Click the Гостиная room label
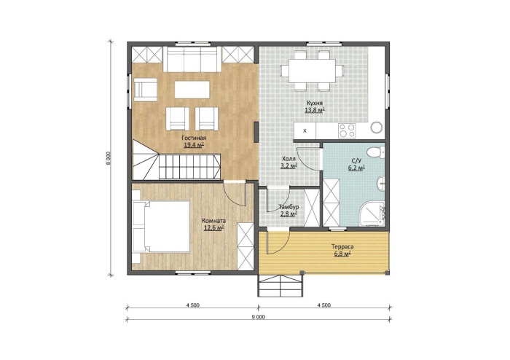(194, 138)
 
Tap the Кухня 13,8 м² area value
(315, 110)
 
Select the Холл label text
(289, 159)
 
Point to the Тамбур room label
(289, 207)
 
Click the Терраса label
(342, 247)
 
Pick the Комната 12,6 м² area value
(213, 228)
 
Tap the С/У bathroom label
(356, 160)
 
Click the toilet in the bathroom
(377, 152)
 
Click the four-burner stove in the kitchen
(346, 130)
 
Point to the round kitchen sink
(377, 127)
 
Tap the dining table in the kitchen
(312, 71)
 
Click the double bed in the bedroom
(161, 227)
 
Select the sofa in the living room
(192, 59)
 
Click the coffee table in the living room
(192, 90)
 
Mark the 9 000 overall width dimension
(258, 317)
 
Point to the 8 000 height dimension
(109, 159)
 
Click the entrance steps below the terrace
(281, 286)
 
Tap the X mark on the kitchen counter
(305, 131)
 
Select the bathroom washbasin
(381, 184)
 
